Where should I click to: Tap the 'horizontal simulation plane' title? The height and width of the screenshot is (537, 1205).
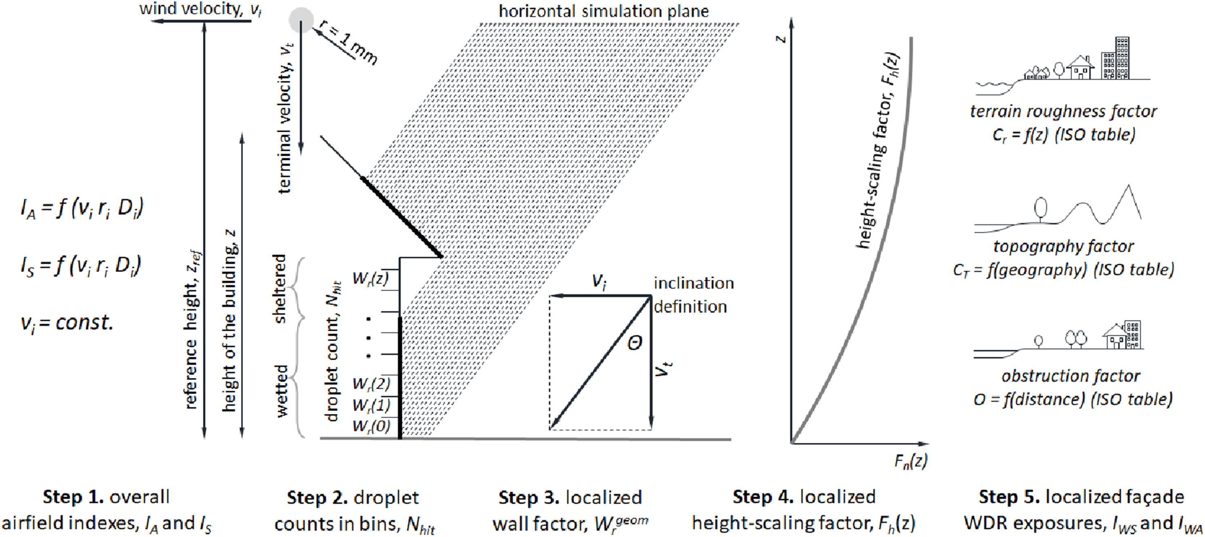[603, 11]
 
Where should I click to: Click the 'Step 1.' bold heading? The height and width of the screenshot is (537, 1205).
[73, 497]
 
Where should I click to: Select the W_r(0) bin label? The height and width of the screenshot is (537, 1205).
[371, 426]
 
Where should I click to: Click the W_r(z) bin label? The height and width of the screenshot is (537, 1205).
[370, 278]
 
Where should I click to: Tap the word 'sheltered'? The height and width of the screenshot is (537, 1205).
[280, 289]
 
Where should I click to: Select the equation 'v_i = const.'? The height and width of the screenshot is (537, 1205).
[67, 323]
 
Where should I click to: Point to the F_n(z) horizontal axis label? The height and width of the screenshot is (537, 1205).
[910, 462]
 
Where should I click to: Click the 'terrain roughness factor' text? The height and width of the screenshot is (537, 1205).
[1063, 111]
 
